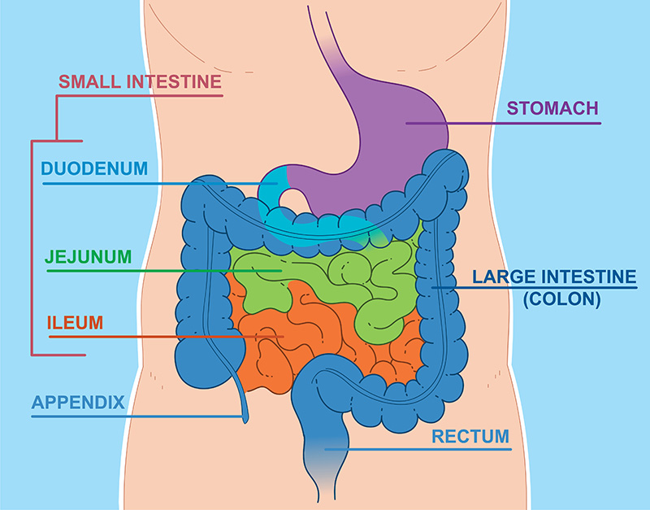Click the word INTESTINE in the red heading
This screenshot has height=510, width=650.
174,81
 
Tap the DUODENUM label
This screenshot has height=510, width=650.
94,168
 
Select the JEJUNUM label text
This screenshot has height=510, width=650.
88,257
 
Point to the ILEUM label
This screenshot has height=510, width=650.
75,323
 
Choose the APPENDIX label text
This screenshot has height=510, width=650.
78,402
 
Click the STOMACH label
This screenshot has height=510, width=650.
552,108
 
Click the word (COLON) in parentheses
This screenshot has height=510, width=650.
561,299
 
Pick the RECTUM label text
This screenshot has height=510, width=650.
470,437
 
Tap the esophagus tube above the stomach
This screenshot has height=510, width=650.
327,41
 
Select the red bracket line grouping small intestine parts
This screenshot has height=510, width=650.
32,248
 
